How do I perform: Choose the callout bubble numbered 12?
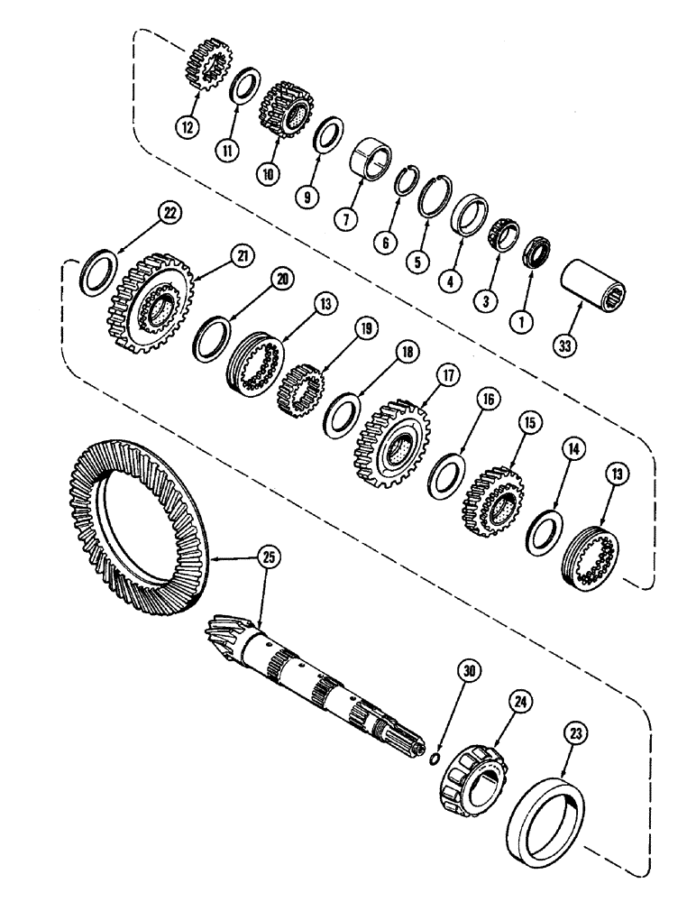188,128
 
